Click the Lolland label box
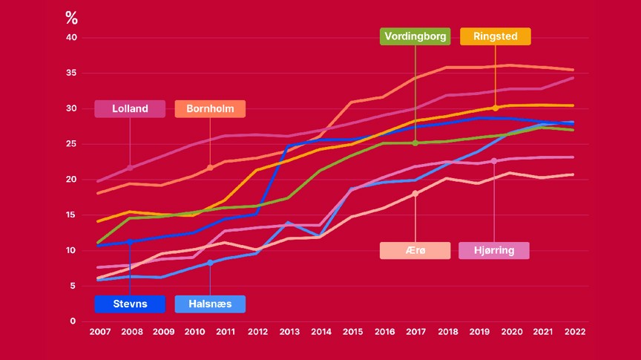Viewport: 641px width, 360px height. (x=130, y=108)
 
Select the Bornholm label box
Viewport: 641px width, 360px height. (x=210, y=108)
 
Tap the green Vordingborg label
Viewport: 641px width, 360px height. (x=415, y=36)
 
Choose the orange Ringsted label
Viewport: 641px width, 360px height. (x=495, y=36)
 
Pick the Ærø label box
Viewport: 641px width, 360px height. (x=415, y=250)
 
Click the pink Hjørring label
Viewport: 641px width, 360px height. (x=494, y=250)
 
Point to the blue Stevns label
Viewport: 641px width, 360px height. (x=130, y=304)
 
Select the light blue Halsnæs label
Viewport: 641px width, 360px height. (x=210, y=304)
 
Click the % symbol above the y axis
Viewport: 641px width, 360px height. (x=71, y=19)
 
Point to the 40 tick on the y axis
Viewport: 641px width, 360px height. (x=71, y=37)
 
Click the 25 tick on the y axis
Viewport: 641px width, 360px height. (x=71, y=144)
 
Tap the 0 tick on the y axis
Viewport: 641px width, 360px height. (x=73, y=321)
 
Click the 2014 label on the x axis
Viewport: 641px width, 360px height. (x=320, y=332)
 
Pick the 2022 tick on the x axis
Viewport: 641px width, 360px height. (x=574, y=332)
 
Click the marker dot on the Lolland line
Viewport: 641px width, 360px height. (x=130, y=168)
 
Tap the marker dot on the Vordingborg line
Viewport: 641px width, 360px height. (x=415, y=143)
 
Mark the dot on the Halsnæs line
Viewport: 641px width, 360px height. (x=210, y=263)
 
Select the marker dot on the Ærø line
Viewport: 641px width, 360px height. (x=415, y=194)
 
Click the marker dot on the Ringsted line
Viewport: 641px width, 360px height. (x=495, y=108)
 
